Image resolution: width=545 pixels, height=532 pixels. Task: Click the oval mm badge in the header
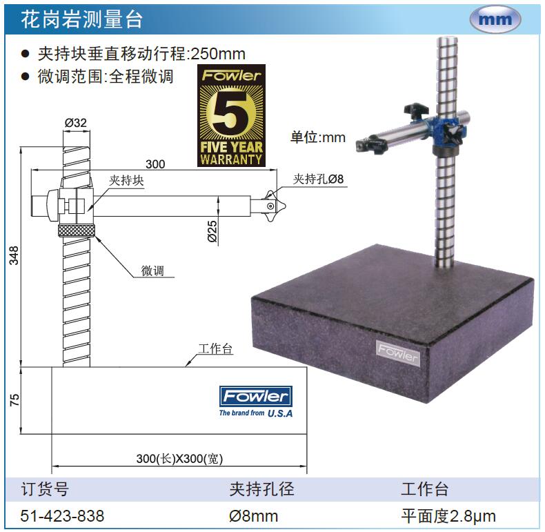[495, 19]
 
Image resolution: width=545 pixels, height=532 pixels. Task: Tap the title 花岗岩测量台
[82, 19]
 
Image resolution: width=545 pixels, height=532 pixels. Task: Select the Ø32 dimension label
[76, 123]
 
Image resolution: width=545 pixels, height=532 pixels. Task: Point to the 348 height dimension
[14, 255]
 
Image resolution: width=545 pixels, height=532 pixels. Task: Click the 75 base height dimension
[14, 400]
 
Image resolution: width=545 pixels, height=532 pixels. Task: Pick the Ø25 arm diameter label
[212, 231]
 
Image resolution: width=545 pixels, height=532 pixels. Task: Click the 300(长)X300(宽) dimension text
[179, 459]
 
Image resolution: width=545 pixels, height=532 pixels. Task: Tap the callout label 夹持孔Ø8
[318, 179]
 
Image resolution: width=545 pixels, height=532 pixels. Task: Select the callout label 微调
[152, 270]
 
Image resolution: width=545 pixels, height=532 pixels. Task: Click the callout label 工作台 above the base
[215, 348]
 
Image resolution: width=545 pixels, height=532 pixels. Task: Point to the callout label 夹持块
[126, 180]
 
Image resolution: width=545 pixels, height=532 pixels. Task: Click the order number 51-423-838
[62, 515]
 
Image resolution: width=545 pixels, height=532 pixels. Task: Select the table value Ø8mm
[253, 516]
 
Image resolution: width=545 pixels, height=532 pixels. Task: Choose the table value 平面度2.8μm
[448, 516]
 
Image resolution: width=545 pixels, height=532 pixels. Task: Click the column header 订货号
[45, 489]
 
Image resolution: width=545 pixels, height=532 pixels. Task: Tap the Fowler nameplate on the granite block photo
[398, 353]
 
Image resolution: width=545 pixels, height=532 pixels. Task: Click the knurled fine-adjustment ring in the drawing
[77, 230]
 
